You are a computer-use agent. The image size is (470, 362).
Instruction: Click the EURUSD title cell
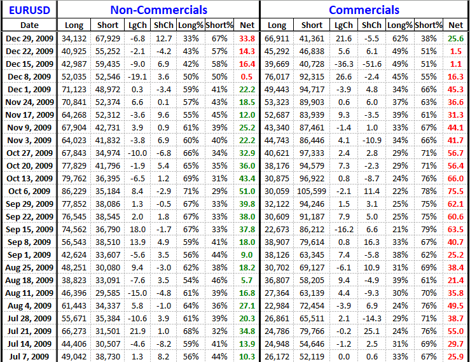tap(29, 10)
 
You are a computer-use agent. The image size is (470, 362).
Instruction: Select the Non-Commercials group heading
tap(158, 10)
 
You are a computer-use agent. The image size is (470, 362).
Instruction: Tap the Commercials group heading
tap(364, 10)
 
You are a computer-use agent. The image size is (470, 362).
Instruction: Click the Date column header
tap(29, 25)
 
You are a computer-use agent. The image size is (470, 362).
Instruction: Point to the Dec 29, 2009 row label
tap(29, 38)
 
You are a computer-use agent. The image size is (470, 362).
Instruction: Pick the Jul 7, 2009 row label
tap(29, 356)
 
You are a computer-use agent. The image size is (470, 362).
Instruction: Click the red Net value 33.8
tap(247, 38)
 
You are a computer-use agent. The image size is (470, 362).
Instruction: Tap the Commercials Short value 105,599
tap(312, 191)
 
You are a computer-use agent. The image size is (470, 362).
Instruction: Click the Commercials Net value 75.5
tap(455, 191)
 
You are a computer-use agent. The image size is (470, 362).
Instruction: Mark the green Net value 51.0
tap(247, 191)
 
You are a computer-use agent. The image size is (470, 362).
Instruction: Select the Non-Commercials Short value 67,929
tap(108, 38)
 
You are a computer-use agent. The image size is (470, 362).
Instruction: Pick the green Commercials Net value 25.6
tap(455, 38)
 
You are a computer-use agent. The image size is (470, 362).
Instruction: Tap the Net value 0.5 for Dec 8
tap(247, 76)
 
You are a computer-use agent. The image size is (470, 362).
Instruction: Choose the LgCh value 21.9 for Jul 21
tap(137, 331)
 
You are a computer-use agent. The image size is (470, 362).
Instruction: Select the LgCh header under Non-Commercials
tap(137, 25)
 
